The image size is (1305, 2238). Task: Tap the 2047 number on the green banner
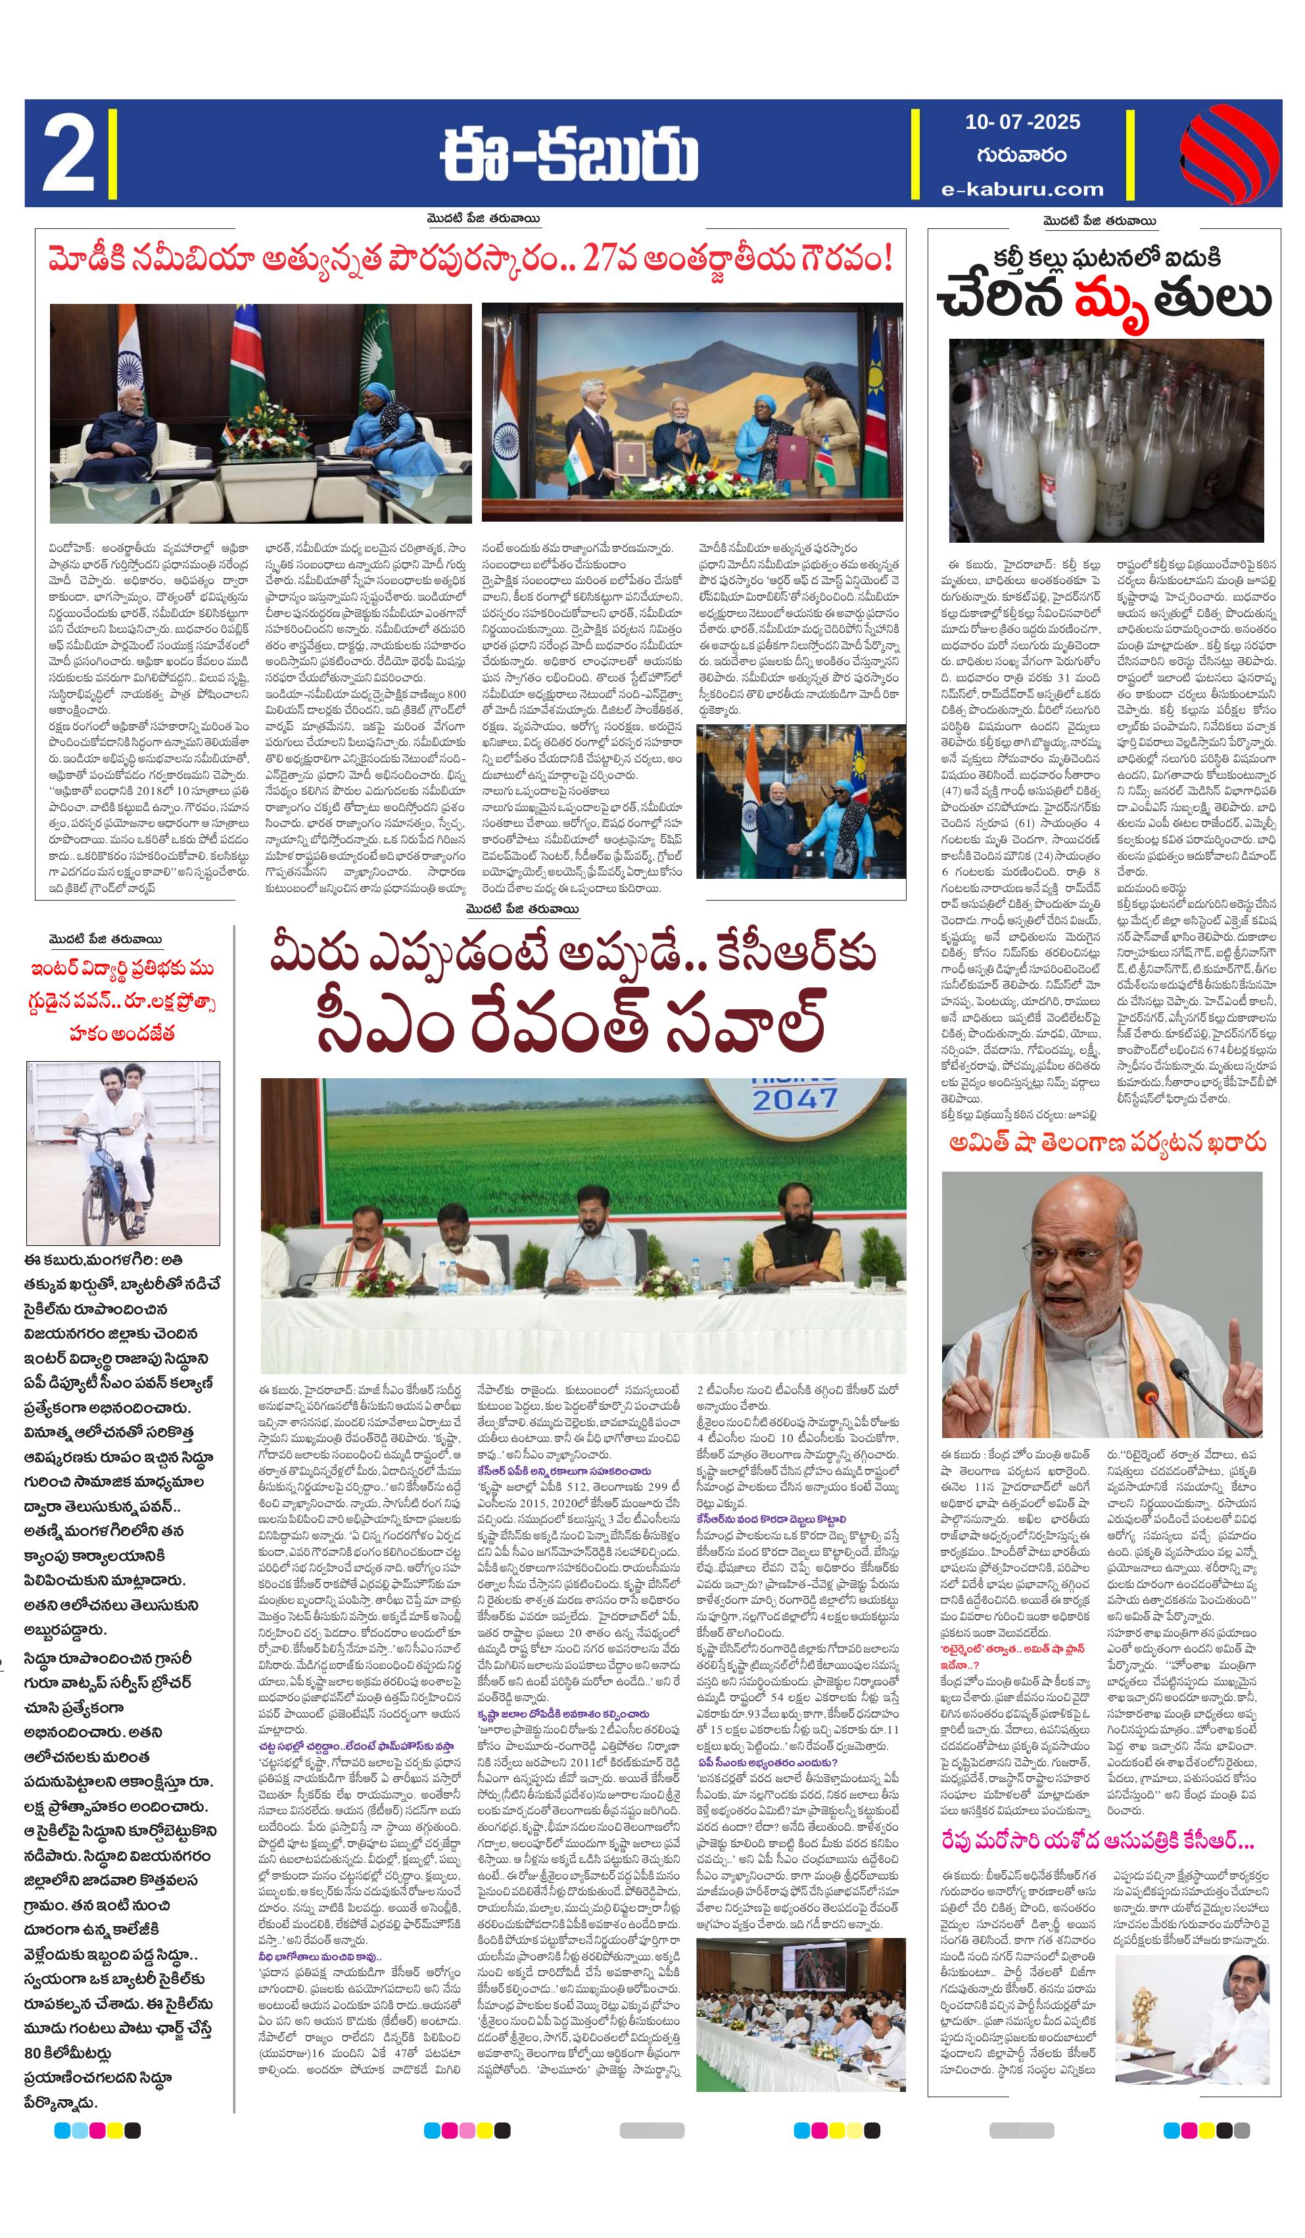coord(795,1099)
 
